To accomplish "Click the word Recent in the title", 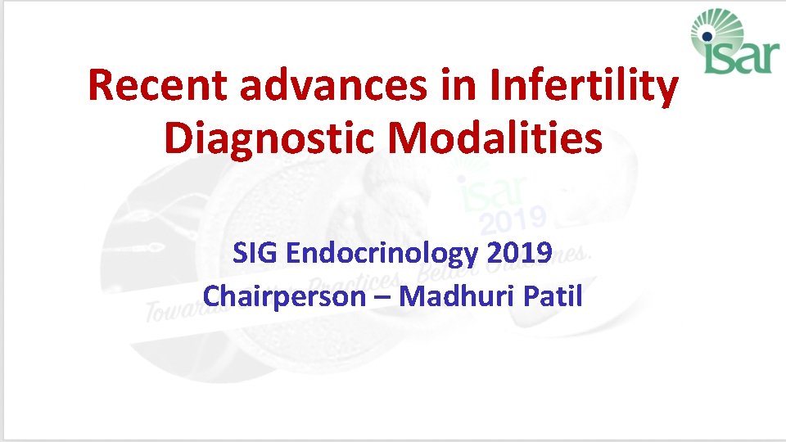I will [153, 87].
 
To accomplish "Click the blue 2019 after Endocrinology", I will [518, 254].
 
